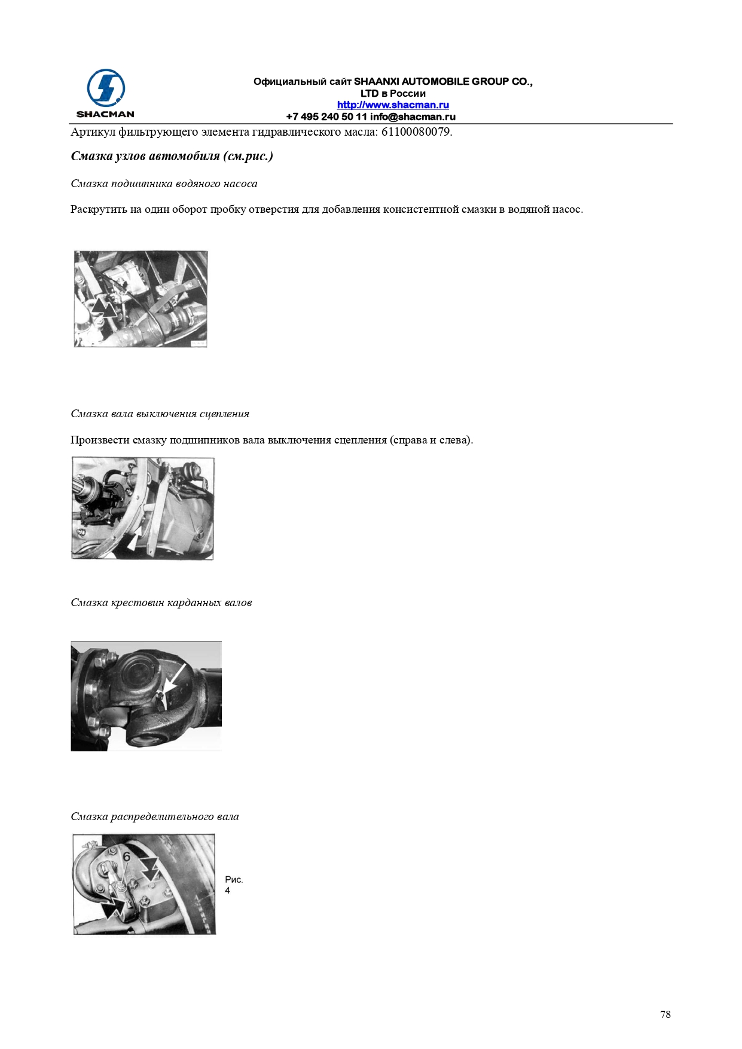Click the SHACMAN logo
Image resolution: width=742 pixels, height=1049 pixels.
click(x=105, y=94)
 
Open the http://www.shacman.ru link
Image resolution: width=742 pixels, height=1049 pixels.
click(x=393, y=105)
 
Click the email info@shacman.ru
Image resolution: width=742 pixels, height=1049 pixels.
click(x=413, y=117)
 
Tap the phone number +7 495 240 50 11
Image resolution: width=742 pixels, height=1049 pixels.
click(x=326, y=117)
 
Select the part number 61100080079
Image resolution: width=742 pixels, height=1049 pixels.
click(x=416, y=132)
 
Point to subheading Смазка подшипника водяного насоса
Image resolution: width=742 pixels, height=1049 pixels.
click(x=164, y=184)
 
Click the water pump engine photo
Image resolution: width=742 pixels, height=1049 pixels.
click(x=141, y=299)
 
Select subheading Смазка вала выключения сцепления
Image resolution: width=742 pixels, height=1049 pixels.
click(x=160, y=414)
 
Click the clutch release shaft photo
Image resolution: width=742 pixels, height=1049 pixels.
click(x=143, y=509)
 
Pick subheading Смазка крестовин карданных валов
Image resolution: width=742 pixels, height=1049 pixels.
click(x=161, y=603)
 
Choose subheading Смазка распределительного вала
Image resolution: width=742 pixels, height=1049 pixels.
click(x=154, y=816)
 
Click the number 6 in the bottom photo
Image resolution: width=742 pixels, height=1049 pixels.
click(x=126, y=857)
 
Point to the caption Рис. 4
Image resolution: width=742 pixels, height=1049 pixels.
click(x=234, y=885)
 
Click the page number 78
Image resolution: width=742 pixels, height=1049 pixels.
click(x=665, y=1014)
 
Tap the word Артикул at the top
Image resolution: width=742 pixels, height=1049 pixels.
click(x=93, y=132)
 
